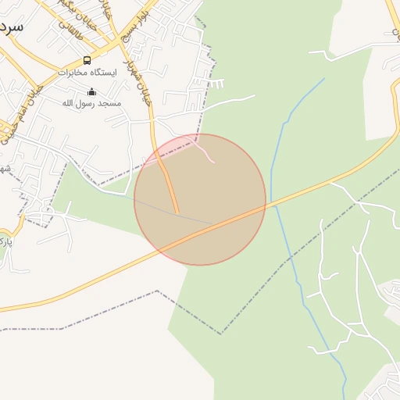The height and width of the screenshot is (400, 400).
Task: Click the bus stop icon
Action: pyautogui.click(x=87, y=60)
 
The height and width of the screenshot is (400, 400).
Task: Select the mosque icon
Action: pyautogui.click(x=92, y=91)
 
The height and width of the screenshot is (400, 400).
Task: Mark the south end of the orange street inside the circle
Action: pyautogui.click(x=177, y=212)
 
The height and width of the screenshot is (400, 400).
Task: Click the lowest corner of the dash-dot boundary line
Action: pyautogui.click(x=220, y=334)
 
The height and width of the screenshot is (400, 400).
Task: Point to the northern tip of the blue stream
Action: pyautogui.click(x=324, y=78)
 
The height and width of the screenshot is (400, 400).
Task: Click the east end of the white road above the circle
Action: pyautogui.click(x=255, y=96)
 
